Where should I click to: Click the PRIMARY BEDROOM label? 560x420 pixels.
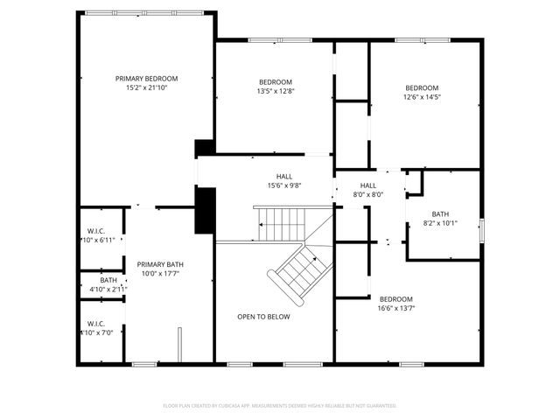point(146,78)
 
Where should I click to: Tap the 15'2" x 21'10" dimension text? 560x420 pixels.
point(146,87)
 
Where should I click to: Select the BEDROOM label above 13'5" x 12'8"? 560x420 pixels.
point(275,82)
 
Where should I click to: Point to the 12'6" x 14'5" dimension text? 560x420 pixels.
point(422,97)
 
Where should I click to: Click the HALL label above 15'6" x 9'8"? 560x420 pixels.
point(284,176)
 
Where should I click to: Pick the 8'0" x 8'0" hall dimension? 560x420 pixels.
point(368,195)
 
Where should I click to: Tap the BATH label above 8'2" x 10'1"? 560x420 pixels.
point(440,213)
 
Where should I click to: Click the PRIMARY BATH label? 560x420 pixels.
point(160,264)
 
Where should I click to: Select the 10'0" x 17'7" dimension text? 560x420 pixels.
point(160,274)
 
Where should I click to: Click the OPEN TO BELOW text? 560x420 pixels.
point(263,317)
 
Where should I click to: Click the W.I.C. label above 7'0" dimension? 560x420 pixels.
point(95,323)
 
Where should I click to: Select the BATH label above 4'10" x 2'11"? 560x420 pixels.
point(108,280)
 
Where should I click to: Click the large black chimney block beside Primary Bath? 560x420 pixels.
point(204,211)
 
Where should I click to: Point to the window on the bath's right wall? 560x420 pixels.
point(480,230)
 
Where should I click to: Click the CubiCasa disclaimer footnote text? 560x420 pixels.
point(280,406)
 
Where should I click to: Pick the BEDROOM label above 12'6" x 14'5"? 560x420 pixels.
point(422,87)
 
